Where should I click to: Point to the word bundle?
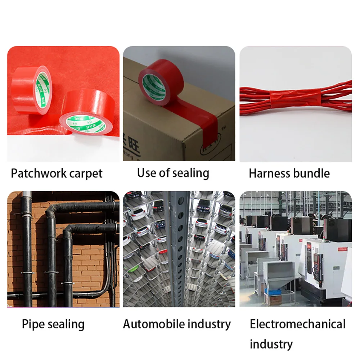312,174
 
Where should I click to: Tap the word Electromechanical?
298,324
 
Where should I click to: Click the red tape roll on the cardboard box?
161,83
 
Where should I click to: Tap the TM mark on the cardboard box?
224,129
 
